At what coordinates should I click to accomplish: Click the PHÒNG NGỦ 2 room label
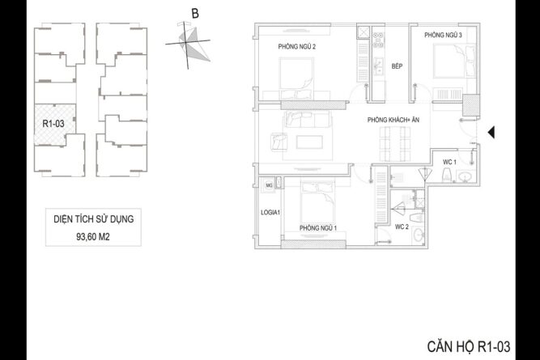[x=297, y=46]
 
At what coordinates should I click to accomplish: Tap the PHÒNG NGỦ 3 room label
[x=443, y=35]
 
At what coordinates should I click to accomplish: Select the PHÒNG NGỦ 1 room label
[x=318, y=228]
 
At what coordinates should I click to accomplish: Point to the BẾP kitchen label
[x=397, y=66]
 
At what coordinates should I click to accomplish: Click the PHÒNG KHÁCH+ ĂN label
[x=393, y=120]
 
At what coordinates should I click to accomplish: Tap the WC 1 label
[x=449, y=162]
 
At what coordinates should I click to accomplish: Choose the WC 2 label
[x=402, y=227]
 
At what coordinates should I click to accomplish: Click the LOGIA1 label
[x=270, y=212]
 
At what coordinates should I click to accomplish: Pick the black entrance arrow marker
[x=491, y=132]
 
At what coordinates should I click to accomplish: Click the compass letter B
[x=195, y=14]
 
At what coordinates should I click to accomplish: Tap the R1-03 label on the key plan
[x=53, y=124]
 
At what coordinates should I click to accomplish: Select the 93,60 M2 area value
[x=93, y=237]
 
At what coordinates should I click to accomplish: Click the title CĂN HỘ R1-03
[x=469, y=346]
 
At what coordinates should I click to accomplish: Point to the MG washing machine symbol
[x=269, y=185]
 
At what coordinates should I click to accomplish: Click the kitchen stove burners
[x=378, y=40]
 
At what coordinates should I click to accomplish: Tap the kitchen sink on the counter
[x=378, y=66]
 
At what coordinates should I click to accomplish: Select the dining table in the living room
[x=395, y=144]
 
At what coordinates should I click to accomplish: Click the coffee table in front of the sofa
[x=309, y=142]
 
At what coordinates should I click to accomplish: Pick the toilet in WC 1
[x=447, y=175]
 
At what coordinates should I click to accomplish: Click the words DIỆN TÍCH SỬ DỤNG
[x=93, y=219]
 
